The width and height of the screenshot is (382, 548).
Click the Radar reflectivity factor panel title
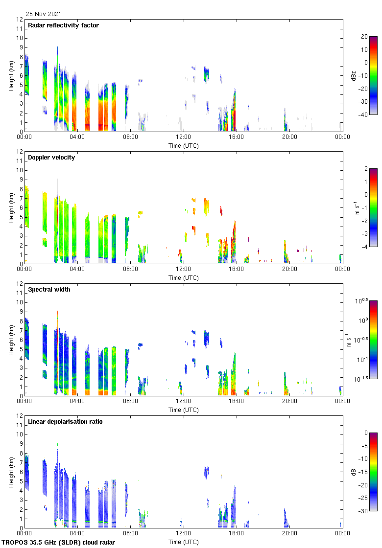(x=63, y=25)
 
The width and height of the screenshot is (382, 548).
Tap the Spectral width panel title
(x=49, y=290)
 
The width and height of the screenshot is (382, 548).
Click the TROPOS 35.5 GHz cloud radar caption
(x=59, y=543)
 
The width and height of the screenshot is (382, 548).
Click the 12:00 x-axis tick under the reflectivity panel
(x=184, y=137)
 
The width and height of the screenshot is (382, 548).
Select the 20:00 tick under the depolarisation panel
(x=289, y=534)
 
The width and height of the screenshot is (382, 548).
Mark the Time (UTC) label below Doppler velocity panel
(x=184, y=277)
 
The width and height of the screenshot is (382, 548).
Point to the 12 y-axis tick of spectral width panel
(x=20, y=284)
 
